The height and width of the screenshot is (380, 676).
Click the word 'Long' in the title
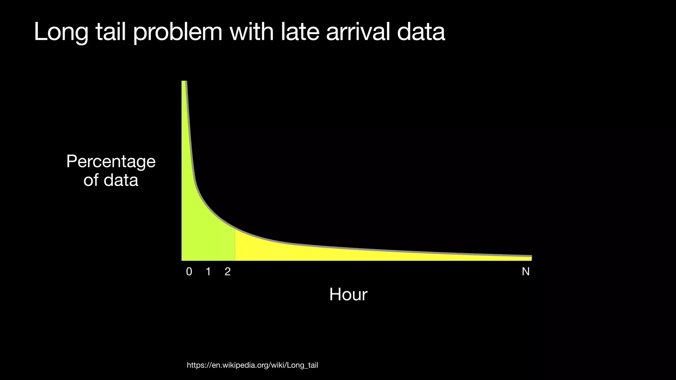61,32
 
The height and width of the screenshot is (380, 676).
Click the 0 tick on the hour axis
189,272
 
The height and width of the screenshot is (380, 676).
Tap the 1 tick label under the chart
208,272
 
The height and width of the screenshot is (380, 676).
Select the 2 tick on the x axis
227,272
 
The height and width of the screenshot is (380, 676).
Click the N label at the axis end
525,272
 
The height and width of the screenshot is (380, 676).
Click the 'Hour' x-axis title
348,295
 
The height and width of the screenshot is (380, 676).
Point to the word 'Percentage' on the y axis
111,162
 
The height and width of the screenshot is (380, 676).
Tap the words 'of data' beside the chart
111,180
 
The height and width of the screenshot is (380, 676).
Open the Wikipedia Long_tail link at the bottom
252,365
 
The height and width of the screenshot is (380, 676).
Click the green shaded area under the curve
205,237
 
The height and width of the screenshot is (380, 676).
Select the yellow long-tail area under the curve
330,253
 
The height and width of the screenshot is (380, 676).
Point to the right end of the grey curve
531,256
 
